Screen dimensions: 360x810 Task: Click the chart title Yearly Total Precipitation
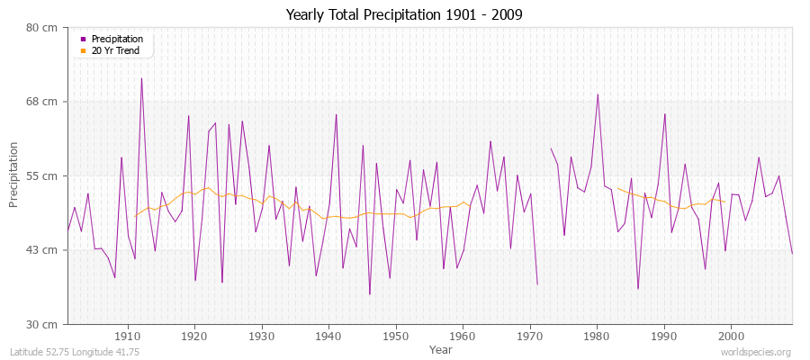(x=404, y=14)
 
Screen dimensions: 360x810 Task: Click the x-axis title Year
(x=441, y=349)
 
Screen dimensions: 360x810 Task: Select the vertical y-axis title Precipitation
(x=14, y=175)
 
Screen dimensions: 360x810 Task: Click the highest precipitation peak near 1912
(x=141, y=78)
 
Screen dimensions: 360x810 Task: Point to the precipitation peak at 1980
(x=598, y=94)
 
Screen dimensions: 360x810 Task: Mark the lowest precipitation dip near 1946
(x=369, y=293)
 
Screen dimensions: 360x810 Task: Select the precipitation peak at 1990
(x=664, y=114)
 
